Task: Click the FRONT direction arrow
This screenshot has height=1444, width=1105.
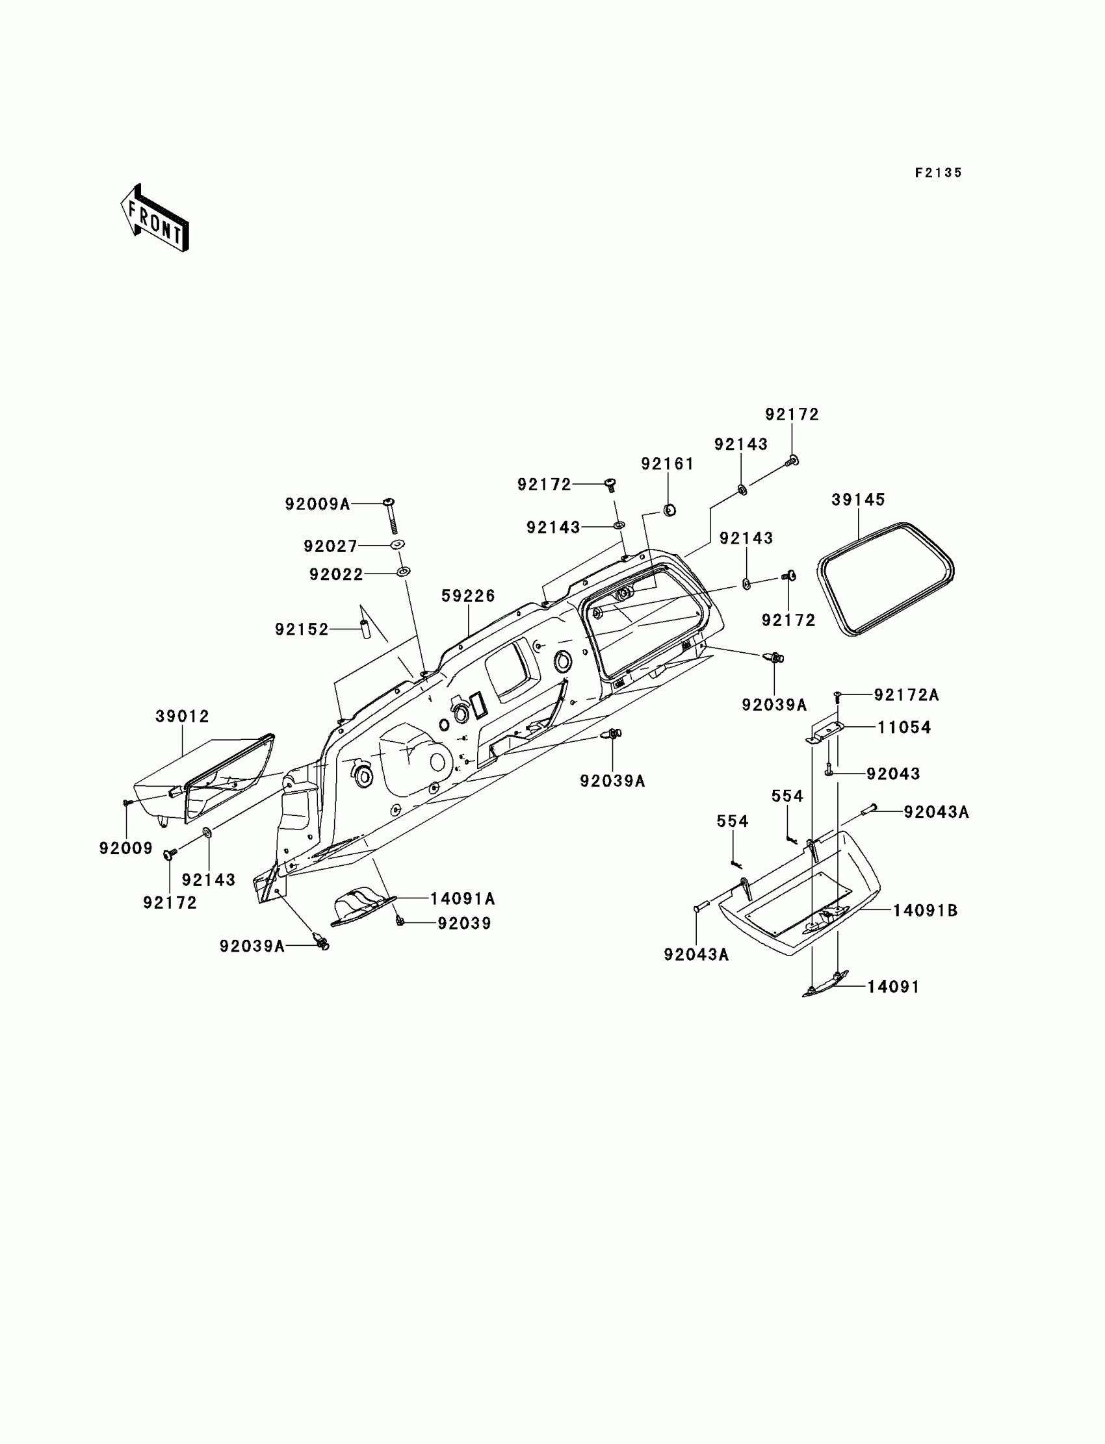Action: pyautogui.click(x=155, y=218)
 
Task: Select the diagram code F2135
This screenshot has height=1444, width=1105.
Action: pyautogui.click(x=938, y=173)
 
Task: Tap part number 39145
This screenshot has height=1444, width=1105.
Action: pyautogui.click(x=858, y=500)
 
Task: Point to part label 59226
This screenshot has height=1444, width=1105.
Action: pyautogui.click(x=467, y=596)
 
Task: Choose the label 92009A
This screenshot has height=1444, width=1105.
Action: pyautogui.click(x=317, y=504)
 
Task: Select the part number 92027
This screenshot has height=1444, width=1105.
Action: pyautogui.click(x=330, y=546)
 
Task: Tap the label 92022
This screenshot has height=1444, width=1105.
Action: pyautogui.click(x=336, y=574)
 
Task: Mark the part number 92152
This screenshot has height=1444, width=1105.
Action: pyautogui.click(x=301, y=629)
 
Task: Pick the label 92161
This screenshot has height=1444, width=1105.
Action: pyautogui.click(x=668, y=464)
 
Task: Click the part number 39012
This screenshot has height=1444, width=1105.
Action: pyautogui.click(x=182, y=716)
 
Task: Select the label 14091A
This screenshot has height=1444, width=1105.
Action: pyautogui.click(x=462, y=898)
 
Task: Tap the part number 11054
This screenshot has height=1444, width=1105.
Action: pyautogui.click(x=903, y=728)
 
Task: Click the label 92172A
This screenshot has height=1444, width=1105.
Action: pyautogui.click(x=905, y=695)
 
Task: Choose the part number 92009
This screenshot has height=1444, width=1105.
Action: pyautogui.click(x=125, y=848)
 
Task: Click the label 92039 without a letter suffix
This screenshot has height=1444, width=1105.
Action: pyautogui.click(x=464, y=924)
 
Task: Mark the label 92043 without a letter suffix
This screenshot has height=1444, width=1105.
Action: pyautogui.click(x=892, y=774)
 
